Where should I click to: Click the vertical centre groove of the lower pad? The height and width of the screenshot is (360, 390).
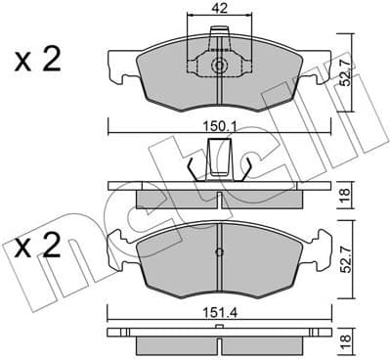pyautogui.click(x=220, y=274)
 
